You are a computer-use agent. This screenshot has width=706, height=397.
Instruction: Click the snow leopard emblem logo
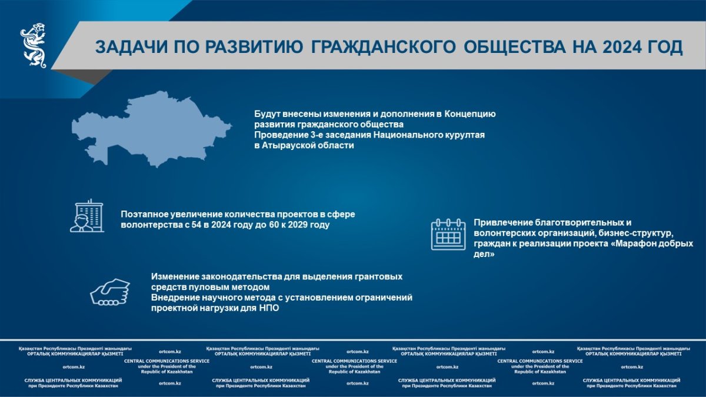click(34, 45)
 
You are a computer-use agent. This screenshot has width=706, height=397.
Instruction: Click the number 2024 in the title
click(622, 47)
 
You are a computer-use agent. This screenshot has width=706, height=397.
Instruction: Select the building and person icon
click(87, 216)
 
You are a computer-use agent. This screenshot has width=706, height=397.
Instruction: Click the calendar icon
click(448, 235)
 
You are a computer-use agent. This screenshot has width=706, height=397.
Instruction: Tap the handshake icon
click(110, 292)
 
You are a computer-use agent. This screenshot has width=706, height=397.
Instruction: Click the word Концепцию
click(470, 114)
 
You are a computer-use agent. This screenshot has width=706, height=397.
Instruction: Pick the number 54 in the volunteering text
click(196, 225)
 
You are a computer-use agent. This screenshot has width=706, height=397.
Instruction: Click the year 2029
click(298, 225)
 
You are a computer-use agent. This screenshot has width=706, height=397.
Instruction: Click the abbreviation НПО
click(269, 308)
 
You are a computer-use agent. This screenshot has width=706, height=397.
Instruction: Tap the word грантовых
click(378, 277)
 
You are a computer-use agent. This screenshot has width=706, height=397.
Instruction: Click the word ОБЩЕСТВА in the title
click(515, 47)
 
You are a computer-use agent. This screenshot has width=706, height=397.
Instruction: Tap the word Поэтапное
click(144, 214)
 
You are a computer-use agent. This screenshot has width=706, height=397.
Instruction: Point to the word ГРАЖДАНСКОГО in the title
click(383, 47)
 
